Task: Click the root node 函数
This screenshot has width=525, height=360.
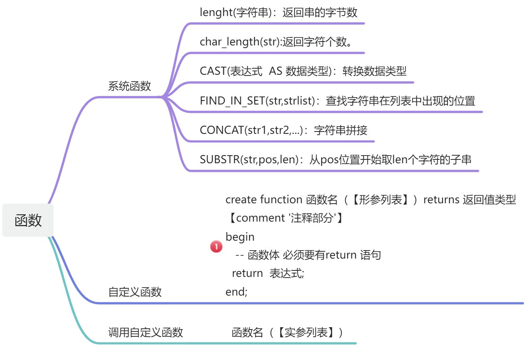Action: pos(28,220)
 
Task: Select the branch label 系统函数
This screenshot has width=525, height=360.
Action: pos(129,86)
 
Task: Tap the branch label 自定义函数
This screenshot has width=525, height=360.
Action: pos(135,292)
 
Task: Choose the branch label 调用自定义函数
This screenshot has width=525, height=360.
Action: pos(145,332)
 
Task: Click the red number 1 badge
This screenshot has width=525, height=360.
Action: pos(216,247)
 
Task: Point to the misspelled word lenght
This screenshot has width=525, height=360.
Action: pos(216,13)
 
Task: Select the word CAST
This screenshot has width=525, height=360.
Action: pos(213,71)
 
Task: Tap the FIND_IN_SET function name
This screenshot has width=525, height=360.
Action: pos(232,101)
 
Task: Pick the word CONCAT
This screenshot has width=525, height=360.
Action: pos(222,130)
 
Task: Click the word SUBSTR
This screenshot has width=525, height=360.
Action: pos(220,159)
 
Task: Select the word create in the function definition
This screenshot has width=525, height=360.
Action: pos(241,199)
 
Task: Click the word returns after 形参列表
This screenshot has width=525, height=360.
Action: pos(441,199)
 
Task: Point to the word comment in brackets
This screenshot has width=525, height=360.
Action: pos(261,218)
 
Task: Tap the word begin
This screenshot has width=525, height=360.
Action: pos(240,237)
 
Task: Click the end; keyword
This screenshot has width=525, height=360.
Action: pos(236,292)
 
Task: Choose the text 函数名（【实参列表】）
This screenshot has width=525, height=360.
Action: pos(288,333)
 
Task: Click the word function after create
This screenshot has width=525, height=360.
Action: pos(282,199)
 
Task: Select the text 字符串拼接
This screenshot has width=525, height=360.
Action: pos(340,130)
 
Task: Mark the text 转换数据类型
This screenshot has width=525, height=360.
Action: pos(374,71)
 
